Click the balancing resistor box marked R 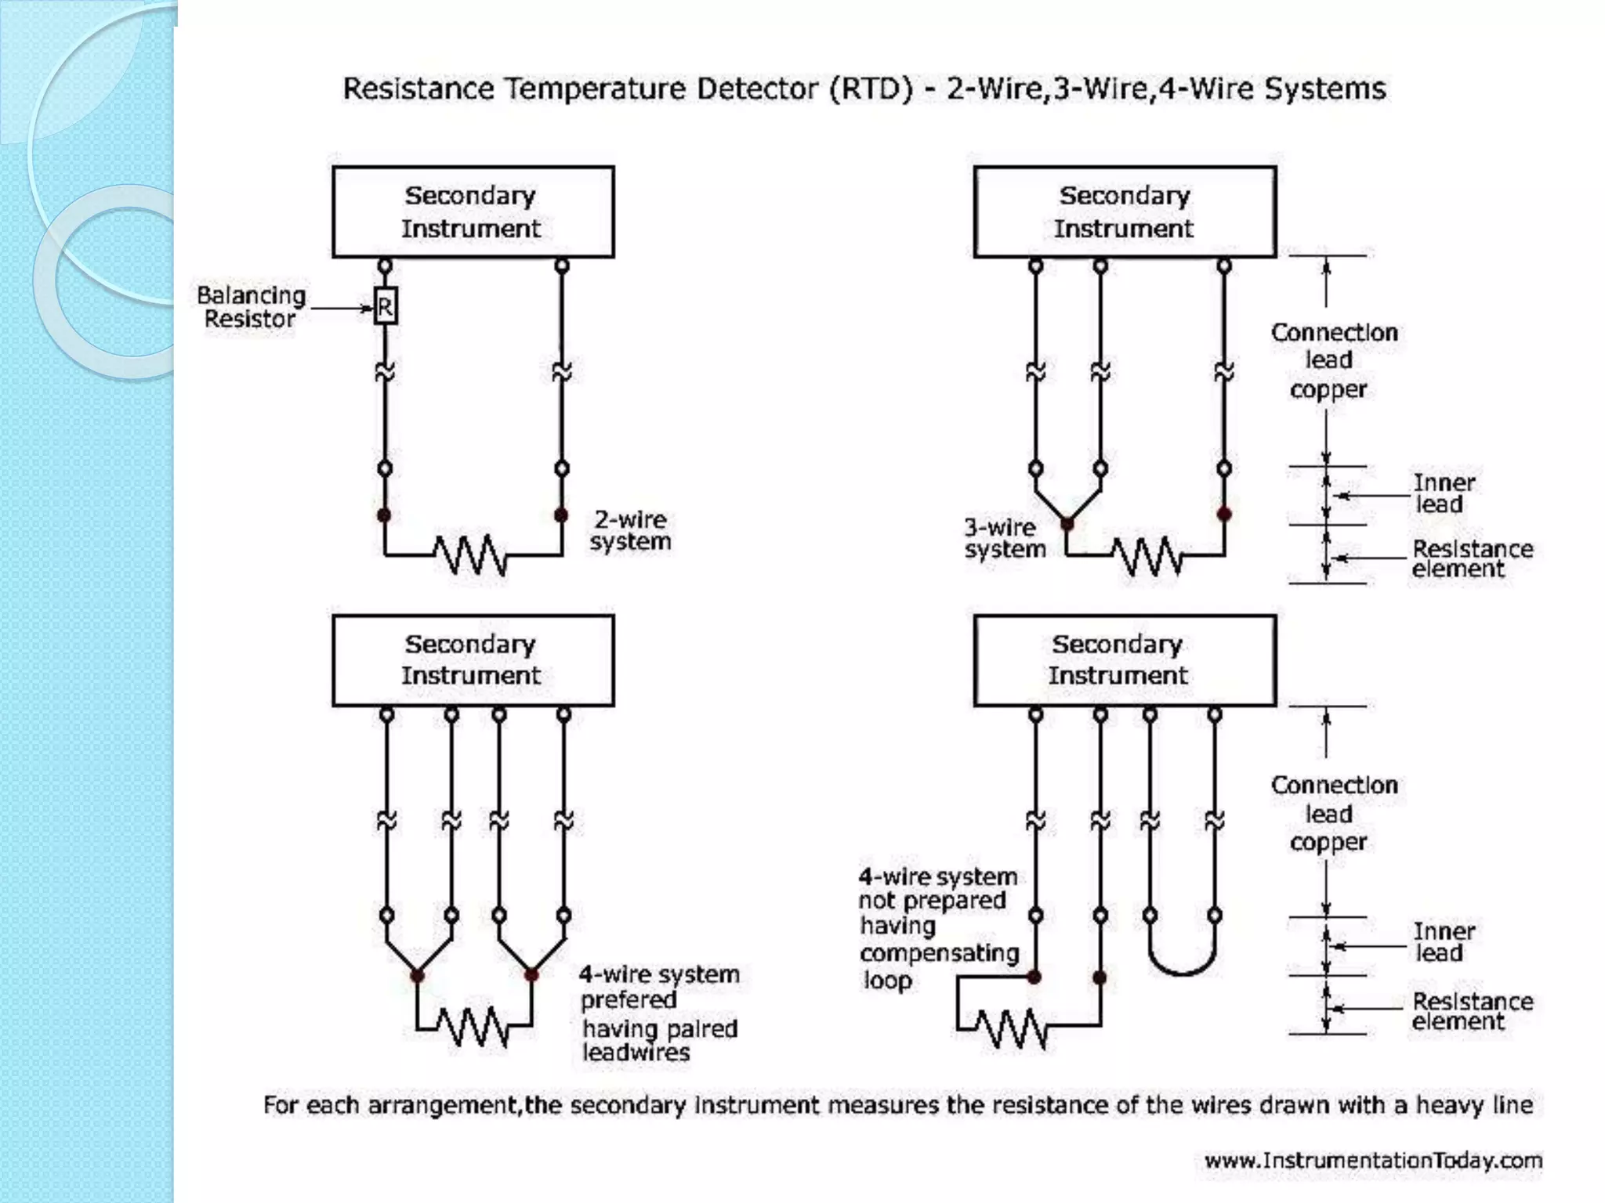(x=385, y=306)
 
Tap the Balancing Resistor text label (x=251, y=307)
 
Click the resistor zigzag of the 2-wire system (x=471, y=555)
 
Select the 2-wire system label (x=630, y=530)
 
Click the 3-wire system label (x=1004, y=538)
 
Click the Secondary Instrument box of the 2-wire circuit (x=473, y=211)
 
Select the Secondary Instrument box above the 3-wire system (x=1125, y=211)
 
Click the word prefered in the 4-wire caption (x=628, y=999)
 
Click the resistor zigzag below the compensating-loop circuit (x=1011, y=1028)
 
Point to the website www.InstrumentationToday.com (x=1373, y=1160)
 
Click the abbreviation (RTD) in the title (x=871, y=89)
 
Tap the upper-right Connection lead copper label (x=1333, y=360)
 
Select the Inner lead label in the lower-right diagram (x=1443, y=942)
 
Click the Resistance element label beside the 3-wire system (x=1471, y=558)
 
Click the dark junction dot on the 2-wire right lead (x=561, y=515)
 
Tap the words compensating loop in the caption (x=938, y=966)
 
